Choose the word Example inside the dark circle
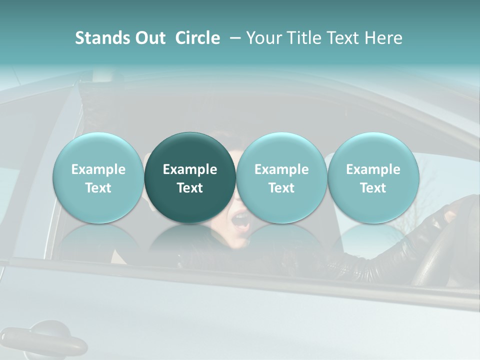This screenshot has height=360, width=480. coord(189,169)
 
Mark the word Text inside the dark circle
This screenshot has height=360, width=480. coord(189,188)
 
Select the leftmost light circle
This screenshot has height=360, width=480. coord(98,177)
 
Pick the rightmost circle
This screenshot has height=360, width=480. coord(373,177)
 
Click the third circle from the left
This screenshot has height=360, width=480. coord(281,177)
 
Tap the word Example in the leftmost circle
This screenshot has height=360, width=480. coord(98,169)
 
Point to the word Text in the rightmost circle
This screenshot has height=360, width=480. coord(373,188)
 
